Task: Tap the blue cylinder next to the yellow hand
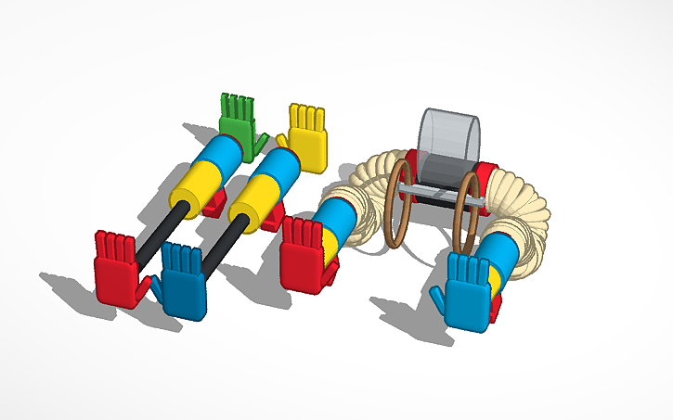pyautogui.click(x=278, y=167)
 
